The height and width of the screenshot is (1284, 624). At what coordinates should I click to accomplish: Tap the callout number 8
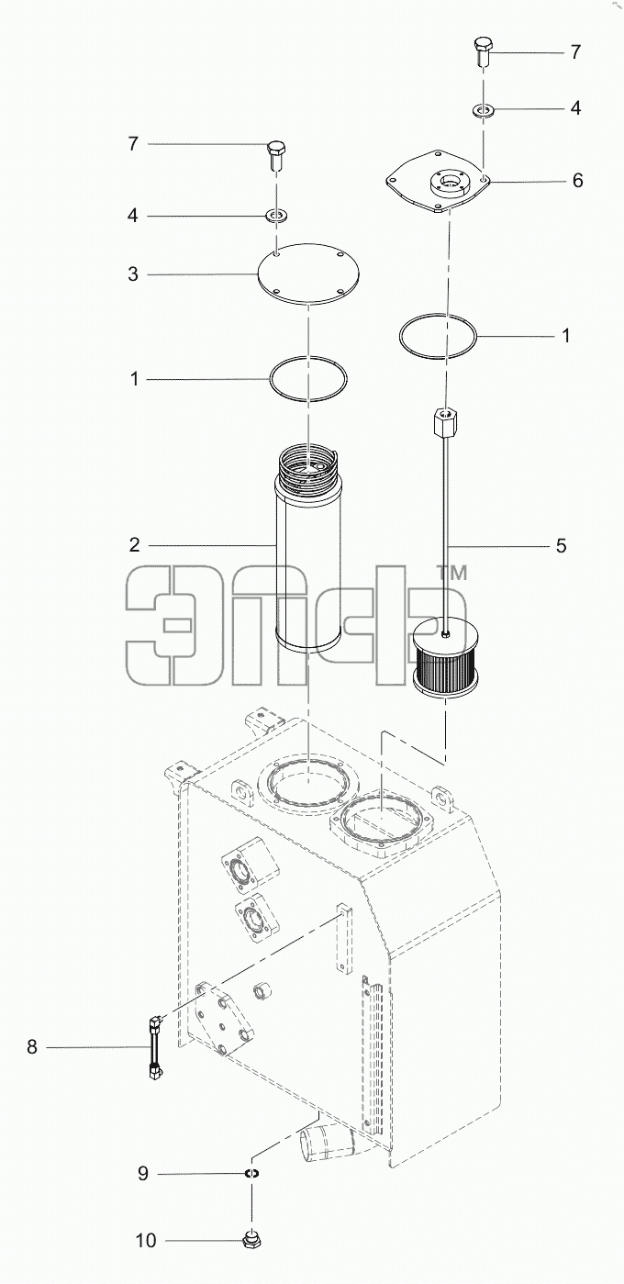click(x=32, y=1047)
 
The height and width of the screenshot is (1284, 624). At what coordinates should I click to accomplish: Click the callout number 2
click(x=134, y=544)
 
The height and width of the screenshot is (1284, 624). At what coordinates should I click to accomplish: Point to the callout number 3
click(x=133, y=274)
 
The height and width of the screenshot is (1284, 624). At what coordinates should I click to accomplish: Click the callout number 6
click(x=577, y=181)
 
